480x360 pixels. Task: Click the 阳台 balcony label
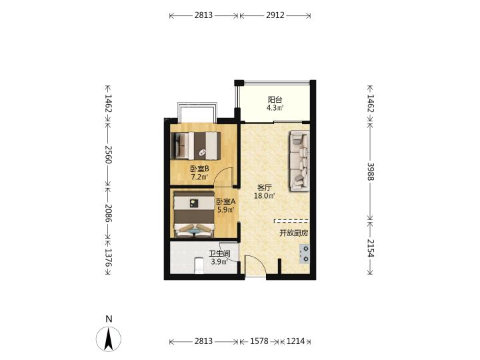tap(275, 100)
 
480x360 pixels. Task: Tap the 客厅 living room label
tap(265, 187)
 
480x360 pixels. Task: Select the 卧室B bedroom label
tap(199, 169)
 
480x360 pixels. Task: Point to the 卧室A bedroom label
tap(226, 202)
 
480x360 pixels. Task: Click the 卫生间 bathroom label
tap(219, 254)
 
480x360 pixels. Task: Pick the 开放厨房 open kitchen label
tap(293, 233)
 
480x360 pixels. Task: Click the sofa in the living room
tap(300, 161)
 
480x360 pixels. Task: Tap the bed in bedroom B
tap(195, 146)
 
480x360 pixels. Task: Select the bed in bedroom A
tap(194, 214)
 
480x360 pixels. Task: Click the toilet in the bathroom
tap(199, 265)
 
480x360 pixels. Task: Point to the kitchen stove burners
tap(305, 254)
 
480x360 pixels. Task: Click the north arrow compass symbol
tap(109, 339)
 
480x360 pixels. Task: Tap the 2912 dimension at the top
tap(275, 15)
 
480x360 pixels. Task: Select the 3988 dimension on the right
tap(371, 171)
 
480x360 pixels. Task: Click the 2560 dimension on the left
tap(109, 155)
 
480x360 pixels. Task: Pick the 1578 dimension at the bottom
tap(259, 341)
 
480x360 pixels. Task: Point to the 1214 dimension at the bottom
tap(295, 341)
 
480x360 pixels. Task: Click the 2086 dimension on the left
tap(109, 213)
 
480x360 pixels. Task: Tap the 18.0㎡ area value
tap(265, 196)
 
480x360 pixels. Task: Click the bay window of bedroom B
tap(197, 112)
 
